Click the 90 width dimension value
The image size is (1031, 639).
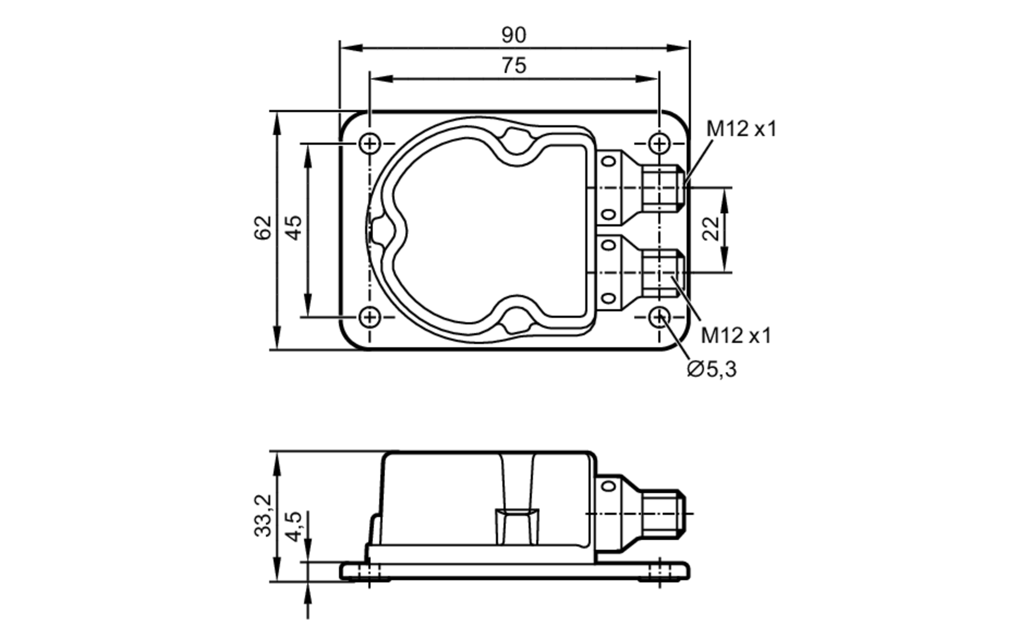(513, 35)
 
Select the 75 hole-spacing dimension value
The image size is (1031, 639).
(513, 66)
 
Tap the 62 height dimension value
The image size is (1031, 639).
(263, 227)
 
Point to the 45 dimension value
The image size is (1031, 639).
(294, 227)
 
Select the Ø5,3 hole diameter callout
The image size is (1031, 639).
(712, 369)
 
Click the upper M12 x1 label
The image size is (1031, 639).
(741, 129)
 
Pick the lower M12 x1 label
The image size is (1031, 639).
(736, 336)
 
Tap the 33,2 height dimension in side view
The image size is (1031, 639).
(263, 515)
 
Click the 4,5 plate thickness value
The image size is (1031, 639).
(294, 526)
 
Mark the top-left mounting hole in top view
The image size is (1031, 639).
(370, 143)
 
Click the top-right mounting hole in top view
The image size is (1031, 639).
(659, 143)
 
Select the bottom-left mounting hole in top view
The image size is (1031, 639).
(370, 317)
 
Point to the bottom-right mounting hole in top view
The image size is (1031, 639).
(659, 317)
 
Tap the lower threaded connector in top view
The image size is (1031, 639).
(663, 272)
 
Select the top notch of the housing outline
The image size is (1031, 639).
(515, 140)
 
